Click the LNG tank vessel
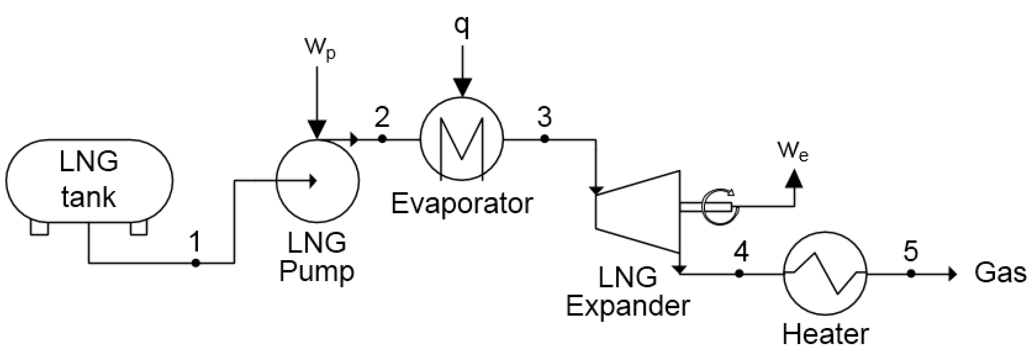click(x=89, y=181)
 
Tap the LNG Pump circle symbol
click(x=318, y=181)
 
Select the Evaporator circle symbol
click(x=462, y=139)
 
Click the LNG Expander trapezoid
click(x=638, y=211)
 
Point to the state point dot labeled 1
click(x=195, y=263)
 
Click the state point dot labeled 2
click(x=382, y=139)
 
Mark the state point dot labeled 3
click(x=544, y=139)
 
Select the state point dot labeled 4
click(x=739, y=273)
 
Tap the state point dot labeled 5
click(x=911, y=273)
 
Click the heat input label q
click(x=462, y=27)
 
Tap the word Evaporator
click(x=462, y=204)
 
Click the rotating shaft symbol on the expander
click(x=718, y=207)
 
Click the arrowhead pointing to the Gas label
click(x=952, y=273)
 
